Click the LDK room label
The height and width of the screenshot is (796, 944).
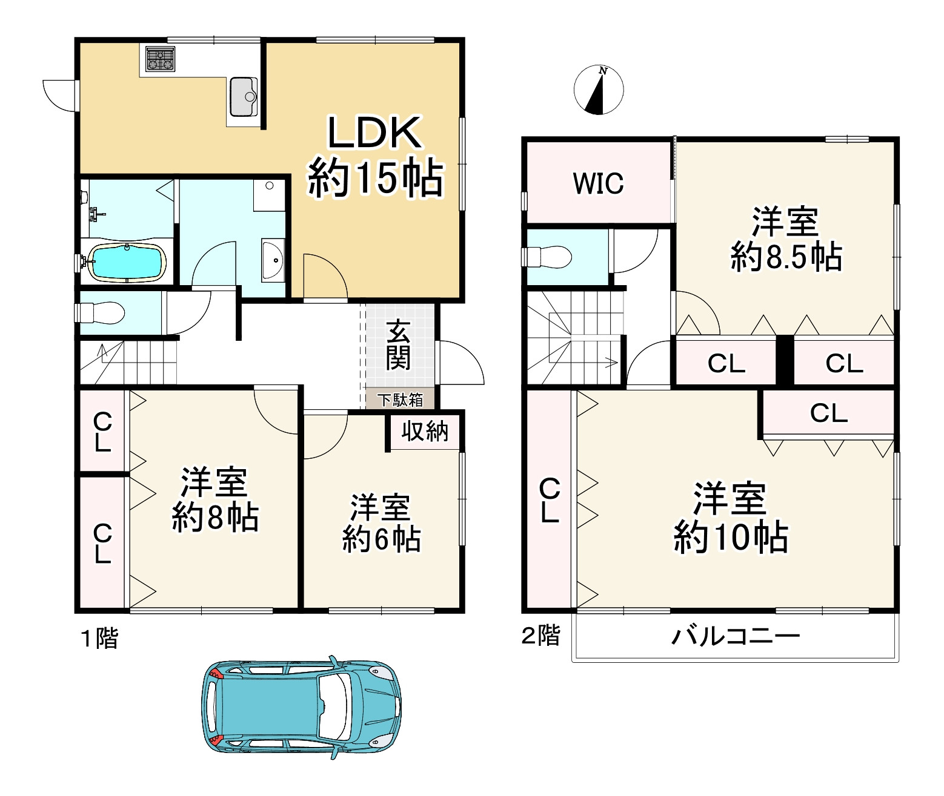[374, 133]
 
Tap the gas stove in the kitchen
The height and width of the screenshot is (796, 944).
[160, 59]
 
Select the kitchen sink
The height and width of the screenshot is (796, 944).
[243, 97]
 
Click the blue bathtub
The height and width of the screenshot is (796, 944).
[127, 263]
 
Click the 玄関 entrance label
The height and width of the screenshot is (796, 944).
[398, 344]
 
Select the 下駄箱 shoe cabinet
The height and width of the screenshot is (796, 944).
[400, 400]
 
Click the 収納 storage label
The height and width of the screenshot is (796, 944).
[425, 431]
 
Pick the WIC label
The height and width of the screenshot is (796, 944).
[598, 183]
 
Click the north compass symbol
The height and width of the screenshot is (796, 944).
[599, 90]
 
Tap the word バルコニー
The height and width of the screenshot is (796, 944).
[736, 636]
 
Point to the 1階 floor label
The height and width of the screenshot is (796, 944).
[99, 639]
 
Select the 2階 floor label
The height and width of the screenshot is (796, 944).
[540, 635]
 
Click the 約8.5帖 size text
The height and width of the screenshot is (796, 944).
[786, 257]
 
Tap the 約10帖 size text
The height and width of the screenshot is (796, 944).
[731, 537]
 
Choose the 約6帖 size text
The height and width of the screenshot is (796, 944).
[381, 538]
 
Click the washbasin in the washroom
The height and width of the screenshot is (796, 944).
[273, 261]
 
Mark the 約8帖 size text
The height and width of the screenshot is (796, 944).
[215, 516]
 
